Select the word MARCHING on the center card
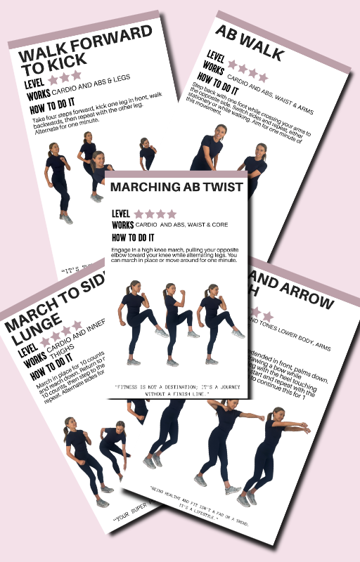(x=146, y=188)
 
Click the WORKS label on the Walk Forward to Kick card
(x=37, y=96)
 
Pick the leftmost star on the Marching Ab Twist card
(x=139, y=214)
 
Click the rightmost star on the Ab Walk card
(x=263, y=77)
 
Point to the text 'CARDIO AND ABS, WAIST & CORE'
(x=181, y=226)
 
